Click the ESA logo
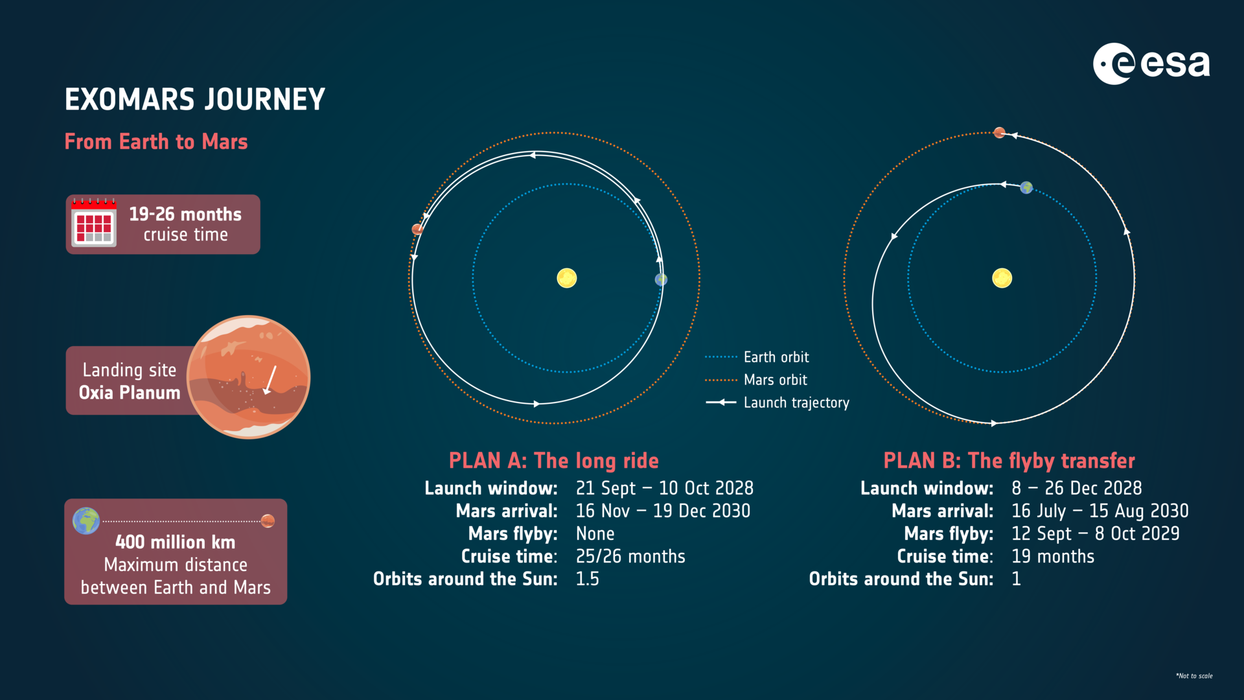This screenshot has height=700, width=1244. [1151, 64]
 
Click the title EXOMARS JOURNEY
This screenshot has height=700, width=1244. [194, 100]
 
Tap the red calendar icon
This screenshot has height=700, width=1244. [94, 223]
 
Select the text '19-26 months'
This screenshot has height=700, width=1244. [185, 214]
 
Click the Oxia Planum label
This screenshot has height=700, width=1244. [130, 393]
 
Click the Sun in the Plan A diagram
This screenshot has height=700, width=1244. [567, 278]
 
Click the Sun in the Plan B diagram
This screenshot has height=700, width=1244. [1002, 278]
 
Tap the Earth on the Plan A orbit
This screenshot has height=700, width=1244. [661, 279]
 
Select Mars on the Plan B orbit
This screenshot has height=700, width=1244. [1000, 133]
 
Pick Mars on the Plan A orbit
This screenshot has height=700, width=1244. [418, 229]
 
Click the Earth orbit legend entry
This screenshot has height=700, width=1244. [776, 357]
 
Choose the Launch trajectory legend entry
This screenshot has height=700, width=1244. [796, 402]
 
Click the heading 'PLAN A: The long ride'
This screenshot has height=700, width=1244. [553, 461]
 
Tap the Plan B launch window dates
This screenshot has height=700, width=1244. [1076, 488]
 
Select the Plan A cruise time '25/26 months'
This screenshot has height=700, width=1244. [630, 556]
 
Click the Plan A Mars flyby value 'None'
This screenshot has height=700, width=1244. [595, 533]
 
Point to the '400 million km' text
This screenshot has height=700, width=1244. [175, 542]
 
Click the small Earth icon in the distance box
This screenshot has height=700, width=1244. [86, 520]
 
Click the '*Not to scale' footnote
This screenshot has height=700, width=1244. [1193, 676]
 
